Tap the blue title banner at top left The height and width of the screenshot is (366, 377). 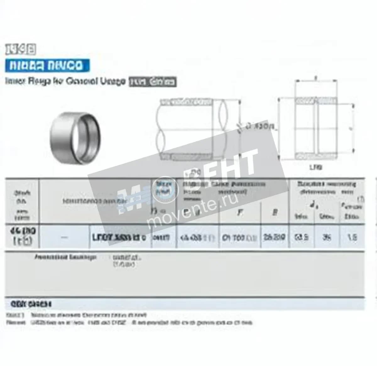click(47, 65)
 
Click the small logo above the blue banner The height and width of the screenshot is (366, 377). click(20, 49)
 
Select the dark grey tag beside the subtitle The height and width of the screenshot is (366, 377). click(153, 82)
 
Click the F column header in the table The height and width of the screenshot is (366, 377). click(240, 213)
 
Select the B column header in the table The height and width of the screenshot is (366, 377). click(275, 213)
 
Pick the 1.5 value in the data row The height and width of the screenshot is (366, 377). click(352, 237)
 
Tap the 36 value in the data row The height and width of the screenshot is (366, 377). click(327, 237)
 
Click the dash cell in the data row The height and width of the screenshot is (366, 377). click(64, 238)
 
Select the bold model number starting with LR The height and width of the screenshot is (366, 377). click(119, 238)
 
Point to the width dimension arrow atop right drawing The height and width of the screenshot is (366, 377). click(316, 81)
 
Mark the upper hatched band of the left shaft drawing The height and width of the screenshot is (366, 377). click(186, 102)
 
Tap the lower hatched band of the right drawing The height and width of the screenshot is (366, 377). click(316, 155)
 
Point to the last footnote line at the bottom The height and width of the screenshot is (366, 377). click(129, 323)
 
